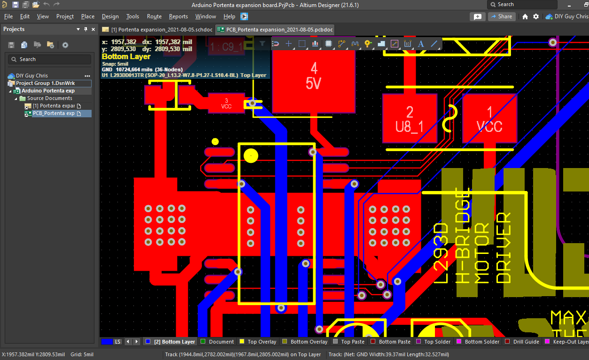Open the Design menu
point(110,16)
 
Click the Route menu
point(154,16)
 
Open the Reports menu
point(178,16)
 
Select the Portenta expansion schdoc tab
point(158,30)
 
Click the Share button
point(502,16)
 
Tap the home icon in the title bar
point(525,16)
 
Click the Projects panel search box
point(49,59)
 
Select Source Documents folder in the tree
point(49,98)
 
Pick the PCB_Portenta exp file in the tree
point(53,113)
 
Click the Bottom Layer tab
point(174,342)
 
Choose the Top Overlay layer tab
point(262,342)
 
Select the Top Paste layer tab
point(352,342)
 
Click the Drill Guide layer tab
point(526,342)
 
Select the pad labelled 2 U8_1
point(410,118)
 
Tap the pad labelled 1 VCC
point(489,118)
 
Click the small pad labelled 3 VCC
point(226,103)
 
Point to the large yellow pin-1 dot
point(251,155)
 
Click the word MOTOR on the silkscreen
point(481,253)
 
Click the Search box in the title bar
point(522,5)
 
